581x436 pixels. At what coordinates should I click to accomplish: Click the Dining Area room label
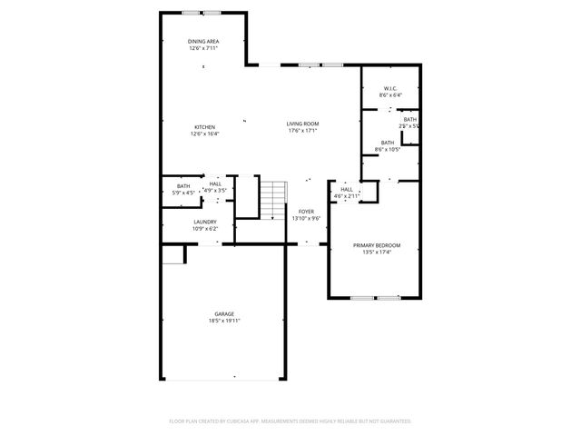tap(204, 41)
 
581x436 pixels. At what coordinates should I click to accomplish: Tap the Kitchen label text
tap(204, 126)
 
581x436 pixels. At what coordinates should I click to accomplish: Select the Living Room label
tap(302, 124)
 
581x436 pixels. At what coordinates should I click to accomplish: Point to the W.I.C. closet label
tap(391, 88)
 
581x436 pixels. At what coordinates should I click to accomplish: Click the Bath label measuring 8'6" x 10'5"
tap(388, 143)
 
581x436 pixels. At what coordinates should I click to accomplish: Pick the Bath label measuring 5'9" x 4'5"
tap(184, 186)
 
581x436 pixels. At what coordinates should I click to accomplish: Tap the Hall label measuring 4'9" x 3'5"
tap(215, 183)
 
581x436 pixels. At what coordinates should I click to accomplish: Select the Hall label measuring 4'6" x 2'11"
tap(347, 189)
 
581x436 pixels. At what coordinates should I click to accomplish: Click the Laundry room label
tap(204, 222)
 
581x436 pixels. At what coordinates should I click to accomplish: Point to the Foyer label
tap(307, 211)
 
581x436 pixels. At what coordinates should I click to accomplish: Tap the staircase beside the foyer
tap(273, 200)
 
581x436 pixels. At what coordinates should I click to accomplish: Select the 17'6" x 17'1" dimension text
tap(302, 131)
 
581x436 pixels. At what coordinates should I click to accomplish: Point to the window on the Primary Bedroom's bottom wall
tap(376, 297)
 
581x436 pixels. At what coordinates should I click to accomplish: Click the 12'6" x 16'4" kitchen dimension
tap(204, 134)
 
